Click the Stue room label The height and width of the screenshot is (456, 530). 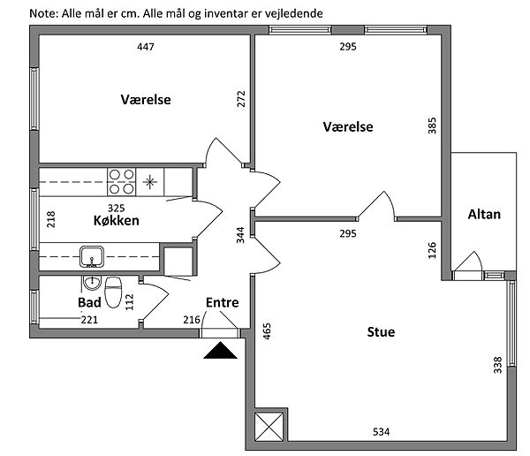(381, 332)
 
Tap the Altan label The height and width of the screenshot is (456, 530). (484, 215)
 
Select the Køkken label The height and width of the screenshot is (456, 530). (117, 221)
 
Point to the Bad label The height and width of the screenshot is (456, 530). (89, 302)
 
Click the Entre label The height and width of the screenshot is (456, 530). (222, 302)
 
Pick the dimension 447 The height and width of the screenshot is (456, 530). (146, 47)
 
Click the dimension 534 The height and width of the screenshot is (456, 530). (381, 432)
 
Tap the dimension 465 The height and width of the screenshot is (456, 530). (267, 331)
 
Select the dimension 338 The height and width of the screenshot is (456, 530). (497, 365)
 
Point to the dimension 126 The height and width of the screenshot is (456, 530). (432, 250)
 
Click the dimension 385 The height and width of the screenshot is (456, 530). (432, 125)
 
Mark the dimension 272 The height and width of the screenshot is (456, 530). (241, 99)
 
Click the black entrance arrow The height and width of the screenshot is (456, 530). (220, 350)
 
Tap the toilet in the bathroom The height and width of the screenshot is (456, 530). (113, 293)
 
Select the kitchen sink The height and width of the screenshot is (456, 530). (92, 257)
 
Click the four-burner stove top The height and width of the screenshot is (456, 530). (122, 182)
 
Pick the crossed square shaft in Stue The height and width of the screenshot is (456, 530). (269, 427)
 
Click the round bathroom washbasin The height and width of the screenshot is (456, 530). (92, 283)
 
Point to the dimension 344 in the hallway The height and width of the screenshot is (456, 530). (240, 235)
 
